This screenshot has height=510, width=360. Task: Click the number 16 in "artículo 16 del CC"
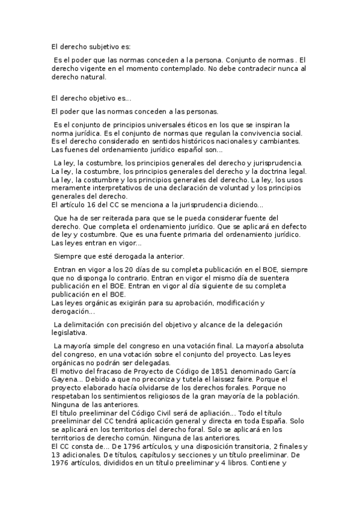click(87, 204)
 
